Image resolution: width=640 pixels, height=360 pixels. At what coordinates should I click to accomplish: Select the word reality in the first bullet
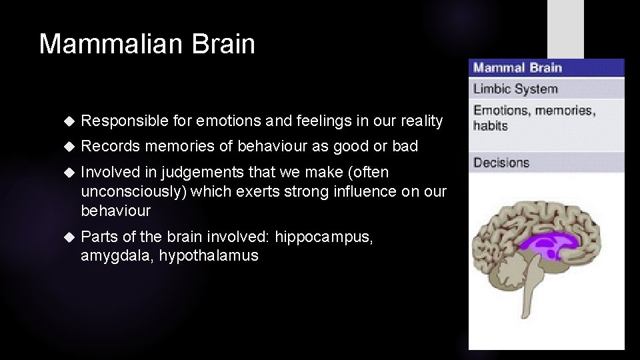pos(421,121)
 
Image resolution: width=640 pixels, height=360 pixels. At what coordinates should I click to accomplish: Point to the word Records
pos(110,146)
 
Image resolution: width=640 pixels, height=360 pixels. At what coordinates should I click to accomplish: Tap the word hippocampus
pos(323,237)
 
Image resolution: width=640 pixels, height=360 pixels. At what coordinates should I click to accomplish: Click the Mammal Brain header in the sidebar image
pos(517,67)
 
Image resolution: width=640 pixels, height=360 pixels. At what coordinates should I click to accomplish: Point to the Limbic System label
pos(515,89)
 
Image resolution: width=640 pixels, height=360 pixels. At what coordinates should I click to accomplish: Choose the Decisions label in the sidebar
pos(501,163)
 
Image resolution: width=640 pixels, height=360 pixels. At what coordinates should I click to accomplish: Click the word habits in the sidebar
pos(491,125)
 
